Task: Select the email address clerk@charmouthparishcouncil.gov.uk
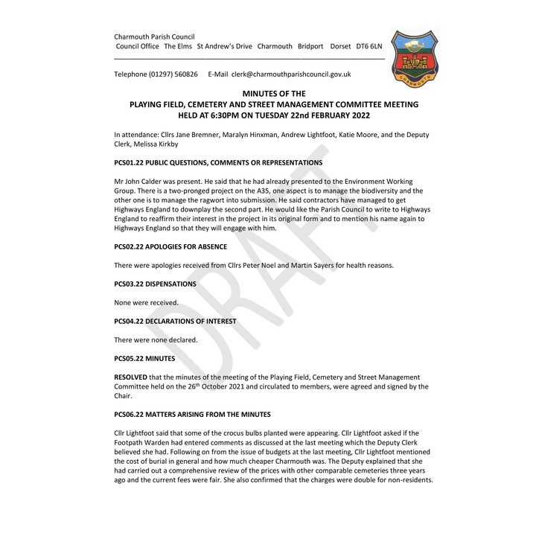[290, 74]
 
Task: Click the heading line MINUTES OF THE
[274, 94]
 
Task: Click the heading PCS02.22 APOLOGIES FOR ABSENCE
[176, 246]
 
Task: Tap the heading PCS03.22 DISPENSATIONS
[155, 284]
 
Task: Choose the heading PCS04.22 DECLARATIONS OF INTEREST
[175, 322]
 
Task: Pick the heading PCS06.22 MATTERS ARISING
[192, 414]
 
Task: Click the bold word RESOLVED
[130, 377]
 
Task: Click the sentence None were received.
[146, 303]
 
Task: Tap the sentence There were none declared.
[156, 340]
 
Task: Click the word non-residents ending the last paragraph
[409, 480]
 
